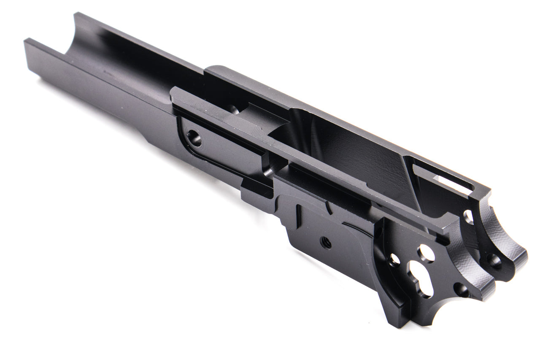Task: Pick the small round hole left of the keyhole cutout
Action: [x=394, y=260]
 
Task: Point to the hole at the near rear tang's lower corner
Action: [x=463, y=290]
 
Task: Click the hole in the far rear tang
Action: [x=494, y=262]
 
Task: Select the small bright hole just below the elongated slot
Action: [x=468, y=217]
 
